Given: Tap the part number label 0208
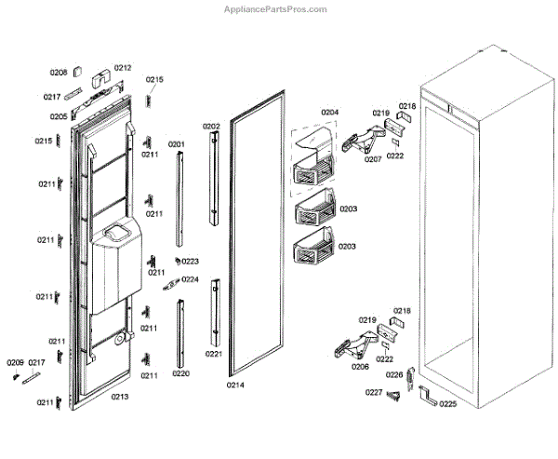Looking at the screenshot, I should (x=58, y=73).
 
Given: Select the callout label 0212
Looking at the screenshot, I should (x=123, y=67).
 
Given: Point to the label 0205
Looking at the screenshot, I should (x=58, y=116).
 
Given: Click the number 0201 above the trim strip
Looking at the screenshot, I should (x=177, y=143).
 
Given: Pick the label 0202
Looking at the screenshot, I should (x=212, y=126).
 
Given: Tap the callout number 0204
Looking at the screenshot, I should (x=329, y=113).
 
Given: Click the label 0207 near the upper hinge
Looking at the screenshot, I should (x=373, y=159).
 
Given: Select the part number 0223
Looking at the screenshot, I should (x=190, y=262).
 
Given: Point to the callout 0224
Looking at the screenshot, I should (x=190, y=279).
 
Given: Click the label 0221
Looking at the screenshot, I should (x=213, y=354).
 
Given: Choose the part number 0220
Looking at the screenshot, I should (x=180, y=373).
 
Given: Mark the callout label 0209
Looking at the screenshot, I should (x=16, y=362).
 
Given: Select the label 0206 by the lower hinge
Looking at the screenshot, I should (x=361, y=367).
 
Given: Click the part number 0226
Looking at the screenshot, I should (x=395, y=374).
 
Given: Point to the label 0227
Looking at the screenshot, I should (x=373, y=391).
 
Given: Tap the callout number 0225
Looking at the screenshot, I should (x=448, y=404).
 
